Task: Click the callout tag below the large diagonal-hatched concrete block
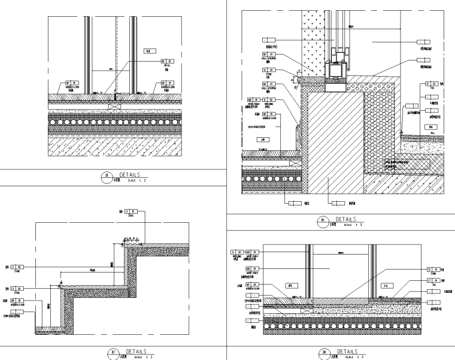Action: (x=336, y=204)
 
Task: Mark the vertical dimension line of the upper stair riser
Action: (x=111, y=264)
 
